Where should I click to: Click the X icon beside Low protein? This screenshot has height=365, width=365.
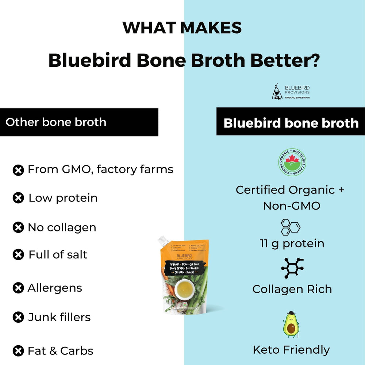tap(18, 198)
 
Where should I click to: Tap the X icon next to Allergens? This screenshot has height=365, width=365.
tap(18, 288)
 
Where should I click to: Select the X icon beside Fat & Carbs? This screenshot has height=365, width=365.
tap(18, 351)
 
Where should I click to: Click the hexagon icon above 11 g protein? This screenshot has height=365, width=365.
tap(291, 227)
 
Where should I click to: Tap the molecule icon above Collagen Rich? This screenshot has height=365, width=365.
tap(292, 268)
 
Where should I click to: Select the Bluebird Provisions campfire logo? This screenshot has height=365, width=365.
tap(277, 92)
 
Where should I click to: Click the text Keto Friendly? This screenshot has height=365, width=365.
tap(291, 350)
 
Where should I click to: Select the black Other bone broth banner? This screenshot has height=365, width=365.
tap(79, 122)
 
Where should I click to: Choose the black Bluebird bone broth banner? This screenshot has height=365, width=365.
tap(291, 123)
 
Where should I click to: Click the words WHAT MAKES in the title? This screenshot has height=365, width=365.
tap(182, 28)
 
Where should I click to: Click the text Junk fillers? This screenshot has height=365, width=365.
tap(59, 317)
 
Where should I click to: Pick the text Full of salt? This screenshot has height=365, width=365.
tap(58, 254)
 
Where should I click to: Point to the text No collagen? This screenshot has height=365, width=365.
tap(62, 227)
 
